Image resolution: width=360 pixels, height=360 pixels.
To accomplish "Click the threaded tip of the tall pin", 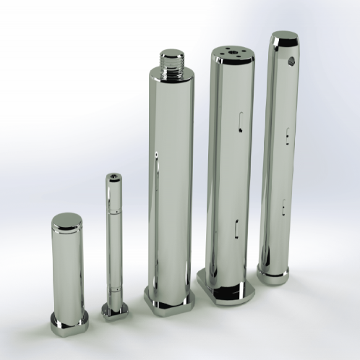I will [171, 61].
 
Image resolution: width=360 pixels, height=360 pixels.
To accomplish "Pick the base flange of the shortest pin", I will [69, 322].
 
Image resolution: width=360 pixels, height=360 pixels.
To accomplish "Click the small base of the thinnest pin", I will [114, 310].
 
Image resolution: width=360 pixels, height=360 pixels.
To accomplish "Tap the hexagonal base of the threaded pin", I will [168, 298].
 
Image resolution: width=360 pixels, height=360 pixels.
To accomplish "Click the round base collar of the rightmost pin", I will [273, 274].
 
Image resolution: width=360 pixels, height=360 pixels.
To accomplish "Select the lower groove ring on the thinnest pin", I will [113, 293].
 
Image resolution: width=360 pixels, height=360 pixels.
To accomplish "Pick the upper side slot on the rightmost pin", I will [288, 134].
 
